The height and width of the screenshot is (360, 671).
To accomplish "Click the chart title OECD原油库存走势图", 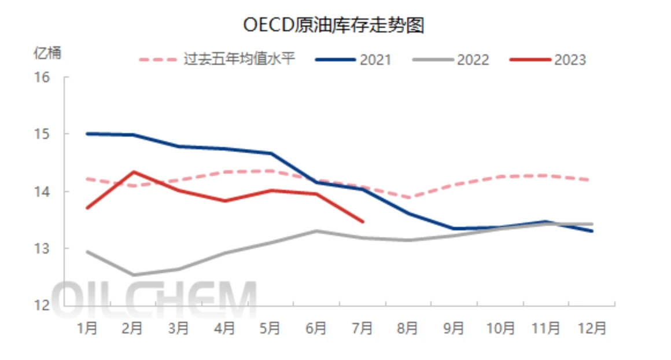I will [334, 25].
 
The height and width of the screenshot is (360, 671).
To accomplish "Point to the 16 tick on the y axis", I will [43, 77].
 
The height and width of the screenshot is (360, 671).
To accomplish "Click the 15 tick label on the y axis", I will [43, 134].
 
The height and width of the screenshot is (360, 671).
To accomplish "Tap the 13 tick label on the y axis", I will [43, 248].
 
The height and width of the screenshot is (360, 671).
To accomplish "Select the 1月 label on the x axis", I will [87, 328].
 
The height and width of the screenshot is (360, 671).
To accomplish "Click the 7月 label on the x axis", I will [362, 328].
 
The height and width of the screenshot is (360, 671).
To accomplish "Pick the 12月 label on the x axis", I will [592, 328].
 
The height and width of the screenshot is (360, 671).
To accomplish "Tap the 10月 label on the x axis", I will [500, 328].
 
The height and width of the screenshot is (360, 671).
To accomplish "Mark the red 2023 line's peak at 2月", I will [134, 172].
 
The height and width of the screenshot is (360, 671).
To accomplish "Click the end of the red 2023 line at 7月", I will [362, 221].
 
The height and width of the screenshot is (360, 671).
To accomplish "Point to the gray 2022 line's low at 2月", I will [134, 275].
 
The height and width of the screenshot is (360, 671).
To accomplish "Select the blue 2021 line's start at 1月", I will [87, 134].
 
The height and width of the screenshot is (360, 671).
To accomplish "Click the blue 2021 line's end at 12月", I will [592, 231].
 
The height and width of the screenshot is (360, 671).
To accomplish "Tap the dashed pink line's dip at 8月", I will [409, 198].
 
